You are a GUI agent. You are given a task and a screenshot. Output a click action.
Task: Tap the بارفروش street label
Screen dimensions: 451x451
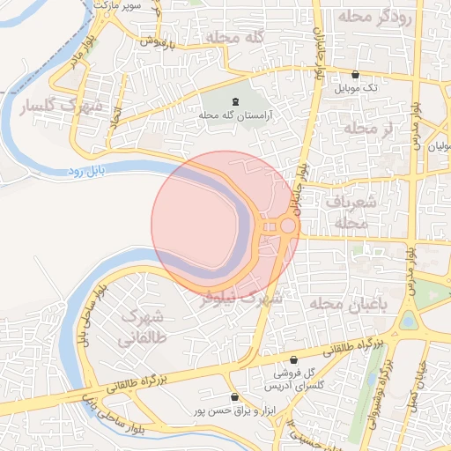click(162, 41)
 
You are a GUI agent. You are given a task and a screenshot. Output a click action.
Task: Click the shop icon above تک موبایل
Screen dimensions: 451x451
click(355, 75)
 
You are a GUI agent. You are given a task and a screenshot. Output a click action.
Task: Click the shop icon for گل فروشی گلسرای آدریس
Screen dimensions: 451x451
click(294, 360)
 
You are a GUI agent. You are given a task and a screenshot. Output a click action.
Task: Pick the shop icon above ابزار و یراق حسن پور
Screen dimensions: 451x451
click(233, 397)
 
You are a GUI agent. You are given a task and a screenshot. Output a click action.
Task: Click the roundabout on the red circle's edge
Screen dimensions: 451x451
click(286, 227)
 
